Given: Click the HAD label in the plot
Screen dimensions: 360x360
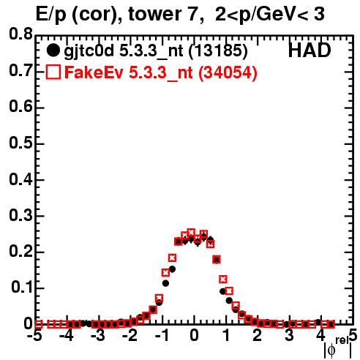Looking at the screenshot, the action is pos(310,50).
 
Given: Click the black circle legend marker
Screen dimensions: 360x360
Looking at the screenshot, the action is pos(53,50).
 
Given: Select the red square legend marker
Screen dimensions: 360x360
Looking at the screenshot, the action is pos(53,72).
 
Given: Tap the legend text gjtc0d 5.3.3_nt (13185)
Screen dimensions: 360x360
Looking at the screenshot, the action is pos(156,51).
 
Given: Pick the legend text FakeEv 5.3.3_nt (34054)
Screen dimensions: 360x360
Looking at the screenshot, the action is pos(161,72).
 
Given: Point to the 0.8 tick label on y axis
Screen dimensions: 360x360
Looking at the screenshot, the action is pos(21,34).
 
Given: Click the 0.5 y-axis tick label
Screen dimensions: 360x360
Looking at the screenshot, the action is pos(21,143).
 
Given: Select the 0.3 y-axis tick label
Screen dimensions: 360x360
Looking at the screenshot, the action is pos(21,216).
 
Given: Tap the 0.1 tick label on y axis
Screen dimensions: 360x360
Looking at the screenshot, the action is pos(22,288).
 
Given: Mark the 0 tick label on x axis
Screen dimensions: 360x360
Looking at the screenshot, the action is pos(194,335).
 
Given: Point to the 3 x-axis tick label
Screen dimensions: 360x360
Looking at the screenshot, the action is pos(289,335).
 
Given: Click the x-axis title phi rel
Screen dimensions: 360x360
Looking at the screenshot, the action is pos(338,348).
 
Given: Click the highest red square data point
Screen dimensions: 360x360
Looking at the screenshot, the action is pos(191,233).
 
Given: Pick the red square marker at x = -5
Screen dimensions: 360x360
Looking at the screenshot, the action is pos(39,324).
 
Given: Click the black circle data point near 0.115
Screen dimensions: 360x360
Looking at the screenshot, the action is pos(165,283).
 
